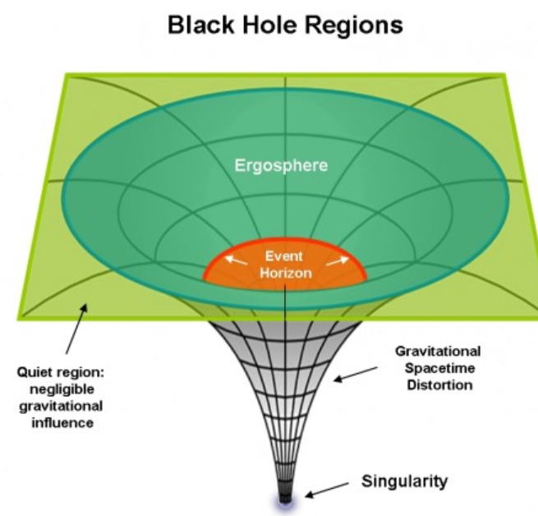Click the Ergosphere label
pos(281,165)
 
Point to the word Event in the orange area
pos(284,256)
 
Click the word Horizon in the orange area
pos(284,273)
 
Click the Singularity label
pos(405,481)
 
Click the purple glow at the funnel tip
pos(284,500)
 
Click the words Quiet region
pos(66,372)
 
